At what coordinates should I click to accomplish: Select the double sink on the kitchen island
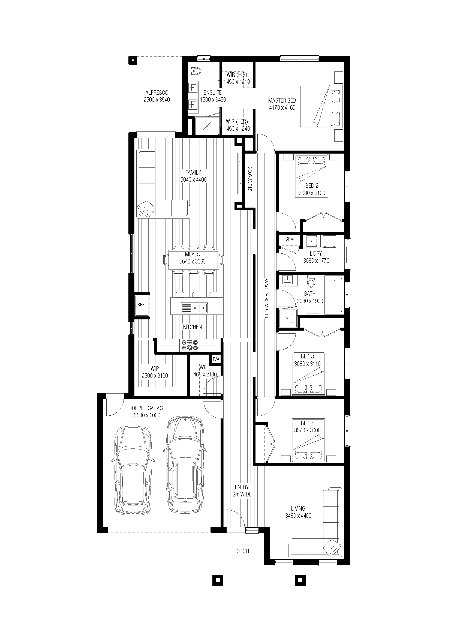pyautogui.click(x=194, y=308)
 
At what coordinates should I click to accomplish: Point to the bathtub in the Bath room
pyautogui.click(x=334, y=295)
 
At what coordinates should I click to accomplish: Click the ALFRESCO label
pyautogui.click(x=157, y=93)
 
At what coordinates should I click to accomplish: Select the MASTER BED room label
pyautogui.click(x=282, y=101)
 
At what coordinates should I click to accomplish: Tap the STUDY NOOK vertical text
pyautogui.click(x=250, y=179)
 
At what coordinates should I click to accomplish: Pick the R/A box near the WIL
pyautogui.click(x=216, y=359)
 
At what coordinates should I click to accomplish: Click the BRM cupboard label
pyautogui.click(x=289, y=239)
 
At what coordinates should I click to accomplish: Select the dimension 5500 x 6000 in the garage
pyautogui.click(x=147, y=415)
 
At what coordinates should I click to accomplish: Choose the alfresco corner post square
pyautogui.click(x=133, y=60)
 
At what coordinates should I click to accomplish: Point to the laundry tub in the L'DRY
pyautogui.click(x=312, y=241)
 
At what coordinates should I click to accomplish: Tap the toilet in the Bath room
pyautogui.click(x=311, y=281)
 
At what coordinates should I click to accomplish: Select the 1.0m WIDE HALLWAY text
pyautogui.click(x=267, y=298)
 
